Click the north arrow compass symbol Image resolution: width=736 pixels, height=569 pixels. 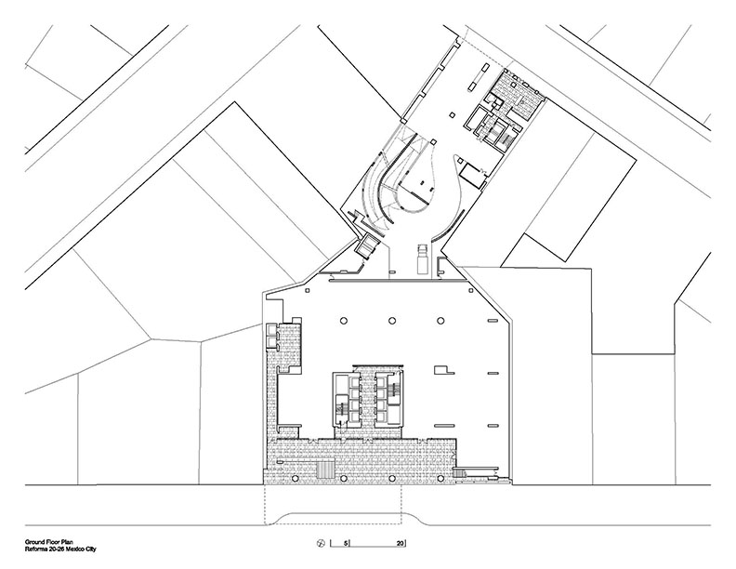[321, 543]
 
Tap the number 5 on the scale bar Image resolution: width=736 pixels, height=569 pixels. [346, 544]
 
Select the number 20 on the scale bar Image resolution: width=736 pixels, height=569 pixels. [400, 544]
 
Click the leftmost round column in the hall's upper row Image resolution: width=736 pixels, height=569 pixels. [344, 321]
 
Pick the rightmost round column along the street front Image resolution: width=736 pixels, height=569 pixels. [440, 479]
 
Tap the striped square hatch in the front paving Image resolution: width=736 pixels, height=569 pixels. [326, 470]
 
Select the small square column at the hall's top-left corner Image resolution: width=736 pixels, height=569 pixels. [307, 291]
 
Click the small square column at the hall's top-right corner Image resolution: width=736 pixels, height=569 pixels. [469, 291]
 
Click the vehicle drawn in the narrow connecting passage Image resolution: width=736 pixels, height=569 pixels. [423, 258]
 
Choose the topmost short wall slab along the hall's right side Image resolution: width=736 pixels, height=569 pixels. [493, 320]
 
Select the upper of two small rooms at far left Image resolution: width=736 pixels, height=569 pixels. [270, 328]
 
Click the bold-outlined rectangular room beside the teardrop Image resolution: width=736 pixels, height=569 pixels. [472, 176]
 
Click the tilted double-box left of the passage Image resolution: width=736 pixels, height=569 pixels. [367, 246]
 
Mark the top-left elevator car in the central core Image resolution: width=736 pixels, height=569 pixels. [353, 378]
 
